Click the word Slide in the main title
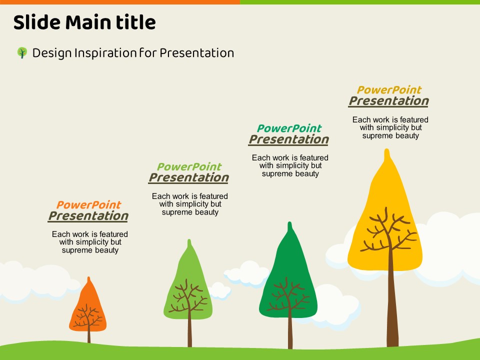pos(36,22)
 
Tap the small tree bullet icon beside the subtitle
pos(22,52)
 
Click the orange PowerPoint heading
pos(89,204)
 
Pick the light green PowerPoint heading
pos(189,166)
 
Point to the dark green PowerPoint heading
pos(289,128)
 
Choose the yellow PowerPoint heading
pos(389,90)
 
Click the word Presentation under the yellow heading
pos(389,101)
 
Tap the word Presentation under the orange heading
pos(88,216)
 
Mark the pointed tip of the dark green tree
pos(289,222)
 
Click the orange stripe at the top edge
pos(120,2)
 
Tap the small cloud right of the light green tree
pos(220,291)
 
